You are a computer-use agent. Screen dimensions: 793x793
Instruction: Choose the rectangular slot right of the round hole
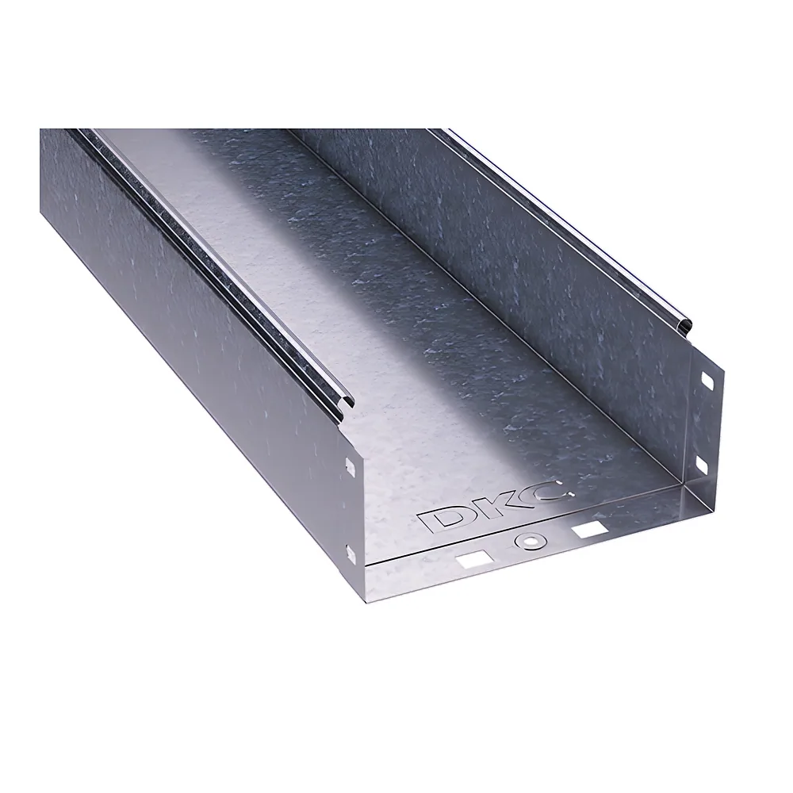(588, 530)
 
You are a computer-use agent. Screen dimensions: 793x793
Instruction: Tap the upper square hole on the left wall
(349, 465)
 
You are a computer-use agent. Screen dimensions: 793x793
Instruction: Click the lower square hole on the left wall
(349, 553)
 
